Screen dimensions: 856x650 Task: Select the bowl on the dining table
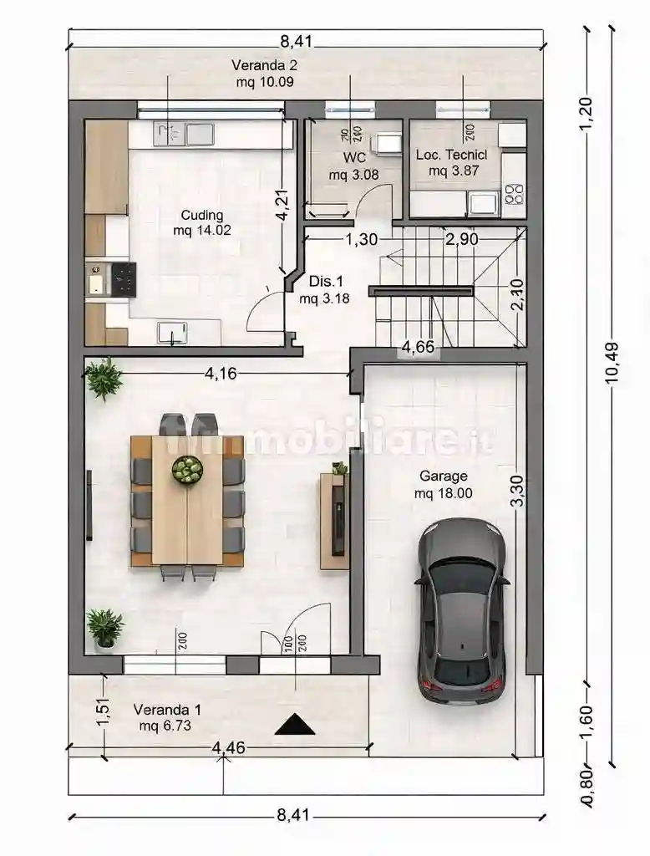tap(187, 470)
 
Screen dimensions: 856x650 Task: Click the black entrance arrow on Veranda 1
tap(295, 725)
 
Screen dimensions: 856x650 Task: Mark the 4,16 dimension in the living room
tap(221, 373)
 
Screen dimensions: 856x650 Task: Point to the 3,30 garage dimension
tap(518, 491)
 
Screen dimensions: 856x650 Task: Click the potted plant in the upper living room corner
tap(104, 379)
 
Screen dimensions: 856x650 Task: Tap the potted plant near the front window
tap(104, 628)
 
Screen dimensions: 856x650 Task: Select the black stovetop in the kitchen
tap(124, 278)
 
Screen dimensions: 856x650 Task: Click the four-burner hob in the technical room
tap(514, 195)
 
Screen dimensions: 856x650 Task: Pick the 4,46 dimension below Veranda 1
tap(229, 747)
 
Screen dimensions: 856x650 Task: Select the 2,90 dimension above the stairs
tap(461, 240)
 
